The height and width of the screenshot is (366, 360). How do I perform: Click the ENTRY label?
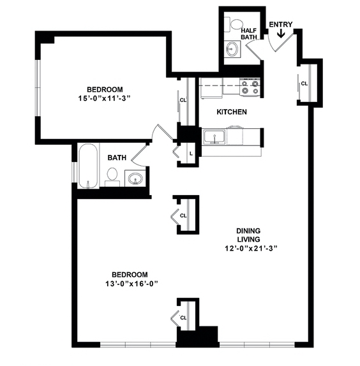coord(281,24)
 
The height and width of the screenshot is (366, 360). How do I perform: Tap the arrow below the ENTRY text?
coord(281,33)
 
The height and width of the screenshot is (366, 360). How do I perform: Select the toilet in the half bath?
coord(234,24)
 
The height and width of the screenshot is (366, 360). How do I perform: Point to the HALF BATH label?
coord(249,34)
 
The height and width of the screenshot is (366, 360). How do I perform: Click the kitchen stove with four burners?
coord(250,87)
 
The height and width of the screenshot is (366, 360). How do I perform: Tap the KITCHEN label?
coord(232,112)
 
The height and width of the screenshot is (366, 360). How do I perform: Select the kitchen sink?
coord(214,136)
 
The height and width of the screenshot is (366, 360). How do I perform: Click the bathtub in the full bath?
coord(88,166)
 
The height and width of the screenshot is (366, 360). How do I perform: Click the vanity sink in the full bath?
coord(135,179)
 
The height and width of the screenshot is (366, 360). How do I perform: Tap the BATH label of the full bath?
coord(117,157)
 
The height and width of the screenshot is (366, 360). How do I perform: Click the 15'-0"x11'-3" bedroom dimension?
coord(104,98)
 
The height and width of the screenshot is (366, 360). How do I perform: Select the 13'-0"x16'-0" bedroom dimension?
coord(131,284)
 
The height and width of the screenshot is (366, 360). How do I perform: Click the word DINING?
coord(248,231)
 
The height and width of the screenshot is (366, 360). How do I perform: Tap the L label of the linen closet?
coord(191,154)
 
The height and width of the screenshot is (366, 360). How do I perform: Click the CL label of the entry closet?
coord(304,84)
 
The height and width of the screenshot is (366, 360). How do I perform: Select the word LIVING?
coord(248,240)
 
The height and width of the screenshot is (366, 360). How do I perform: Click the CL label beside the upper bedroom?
coord(183,100)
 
